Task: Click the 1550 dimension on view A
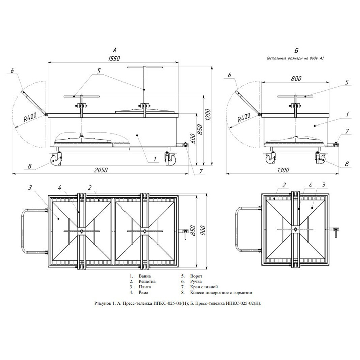(x=114, y=59)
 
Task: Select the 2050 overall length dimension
(x=101, y=170)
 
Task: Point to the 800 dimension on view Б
(x=296, y=79)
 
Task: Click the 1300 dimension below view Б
(x=283, y=170)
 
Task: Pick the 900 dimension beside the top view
(x=204, y=231)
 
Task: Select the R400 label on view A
(x=30, y=117)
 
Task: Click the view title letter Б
(x=296, y=51)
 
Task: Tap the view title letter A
(x=115, y=50)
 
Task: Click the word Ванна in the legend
(x=145, y=276)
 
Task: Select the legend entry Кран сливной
(x=204, y=287)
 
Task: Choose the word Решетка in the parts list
(x=147, y=281)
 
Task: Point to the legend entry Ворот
(x=196, y=276)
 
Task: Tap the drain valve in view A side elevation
(x=183, y=145)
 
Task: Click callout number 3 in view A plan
(x=30, y=188)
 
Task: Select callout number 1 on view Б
(x=348, y=115)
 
